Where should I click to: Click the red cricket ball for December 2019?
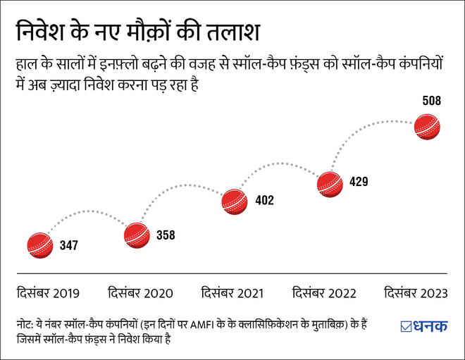(x=39, y=244)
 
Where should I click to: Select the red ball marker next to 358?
(x=137, y=235)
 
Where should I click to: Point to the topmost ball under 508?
(x=427, y=125)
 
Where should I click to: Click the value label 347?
(x=69, y=245)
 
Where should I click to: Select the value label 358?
(x=166, y=235)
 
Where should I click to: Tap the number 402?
(x=264, y=201)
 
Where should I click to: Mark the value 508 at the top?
(x=432, y=101)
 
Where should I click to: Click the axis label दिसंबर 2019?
(x=47, y=292)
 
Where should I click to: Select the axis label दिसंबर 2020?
(x=141, y=292)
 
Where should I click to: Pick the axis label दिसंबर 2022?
(x=324, y=292)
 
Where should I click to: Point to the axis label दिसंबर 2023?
(x=416, y=292)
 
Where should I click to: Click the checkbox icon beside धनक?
(x=407, y=326)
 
